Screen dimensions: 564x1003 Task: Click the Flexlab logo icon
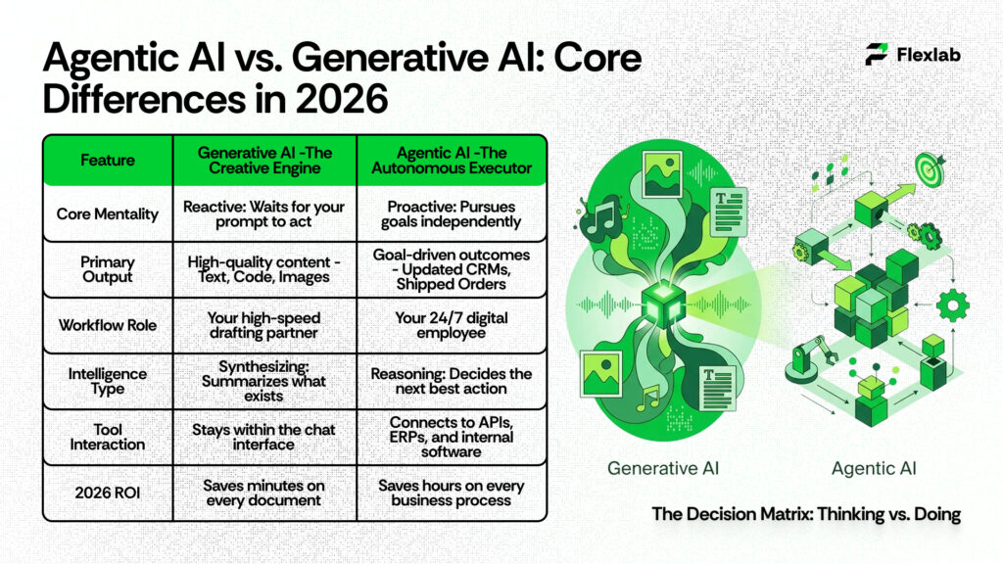tap(877, 55)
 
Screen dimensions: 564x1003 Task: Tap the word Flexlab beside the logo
tap(929, 55)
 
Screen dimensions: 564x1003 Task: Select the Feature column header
tap(108, 160)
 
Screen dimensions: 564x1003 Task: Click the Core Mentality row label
tap(108, 213)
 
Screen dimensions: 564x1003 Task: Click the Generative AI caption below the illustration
tap(663, 468)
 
